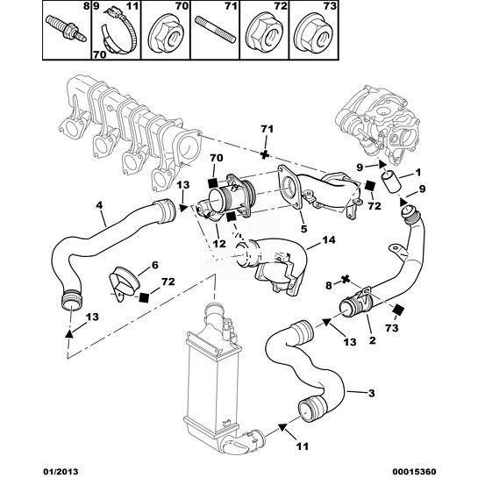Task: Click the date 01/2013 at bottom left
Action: click(x=61, y=472)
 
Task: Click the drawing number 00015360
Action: click(x=416, y=472)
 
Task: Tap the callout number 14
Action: click(x=328, y=240)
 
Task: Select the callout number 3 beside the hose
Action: click(x=372, y=393)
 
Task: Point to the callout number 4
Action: click(x=99, y=205)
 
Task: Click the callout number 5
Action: click(x=304, y=229)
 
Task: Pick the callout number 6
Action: click(x=155, y=265)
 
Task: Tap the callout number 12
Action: click(x=219, y=244)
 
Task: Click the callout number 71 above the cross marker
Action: click(x=267, y=129)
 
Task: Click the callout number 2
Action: click(x=373, y=340)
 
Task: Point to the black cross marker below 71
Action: click(x=265, y=154)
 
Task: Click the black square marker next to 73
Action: click(x=398, y=310)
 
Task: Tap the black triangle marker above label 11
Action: click(x=282, y=427)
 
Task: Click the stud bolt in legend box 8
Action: click(x=66, y=28)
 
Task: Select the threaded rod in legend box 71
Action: click(x=215, y=30)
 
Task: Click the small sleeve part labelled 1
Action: click(x=390, y=182)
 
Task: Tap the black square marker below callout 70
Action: click(x=212, y=182)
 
